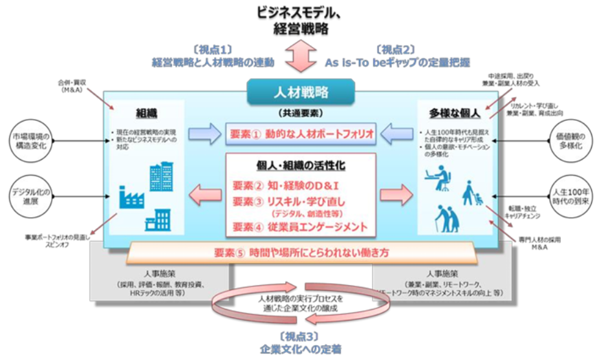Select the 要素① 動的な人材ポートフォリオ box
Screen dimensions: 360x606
click(x=301, y=134)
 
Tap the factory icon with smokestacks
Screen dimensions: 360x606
click(x=131, y=196)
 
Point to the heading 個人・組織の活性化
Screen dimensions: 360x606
click(x=301, y=165)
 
